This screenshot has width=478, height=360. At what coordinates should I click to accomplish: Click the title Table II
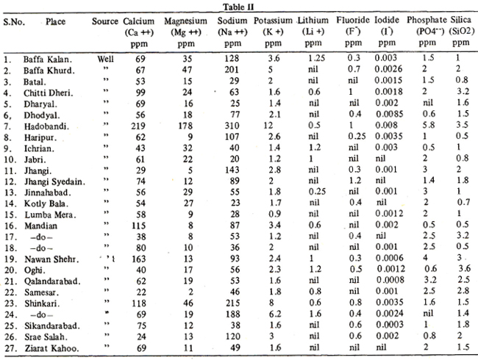click(x=238, y=7)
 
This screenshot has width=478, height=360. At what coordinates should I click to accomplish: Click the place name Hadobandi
click(x=46, y=126)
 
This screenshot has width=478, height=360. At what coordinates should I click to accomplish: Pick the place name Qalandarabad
click(x=52, y=281)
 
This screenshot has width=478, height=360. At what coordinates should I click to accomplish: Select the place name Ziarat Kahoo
click(x=51, y=348)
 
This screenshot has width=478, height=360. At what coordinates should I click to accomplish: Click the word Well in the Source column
click(x=105, y=59)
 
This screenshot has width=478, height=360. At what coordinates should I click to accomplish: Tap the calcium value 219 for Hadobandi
click(x=138, y=126)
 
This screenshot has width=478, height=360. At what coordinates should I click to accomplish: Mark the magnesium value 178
click(x=185, y=126)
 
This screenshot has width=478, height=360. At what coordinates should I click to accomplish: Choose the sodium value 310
click(x=232, y=126)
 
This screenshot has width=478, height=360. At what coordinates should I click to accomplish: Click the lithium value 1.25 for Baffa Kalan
click(x=316, y=58)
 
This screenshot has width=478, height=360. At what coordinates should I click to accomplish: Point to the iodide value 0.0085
click(x=389, y=114)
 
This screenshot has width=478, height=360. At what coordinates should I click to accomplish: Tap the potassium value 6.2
click(x=275, y=314)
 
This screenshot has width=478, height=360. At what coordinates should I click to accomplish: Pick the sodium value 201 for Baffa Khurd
click(x=232, y=70)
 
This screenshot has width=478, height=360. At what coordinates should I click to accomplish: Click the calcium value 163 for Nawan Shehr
click(x=139, y=259)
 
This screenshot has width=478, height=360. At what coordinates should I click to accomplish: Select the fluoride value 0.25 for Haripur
click(x=357, y=136)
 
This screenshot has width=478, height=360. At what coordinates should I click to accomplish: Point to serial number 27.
click(x=11, y=348)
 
